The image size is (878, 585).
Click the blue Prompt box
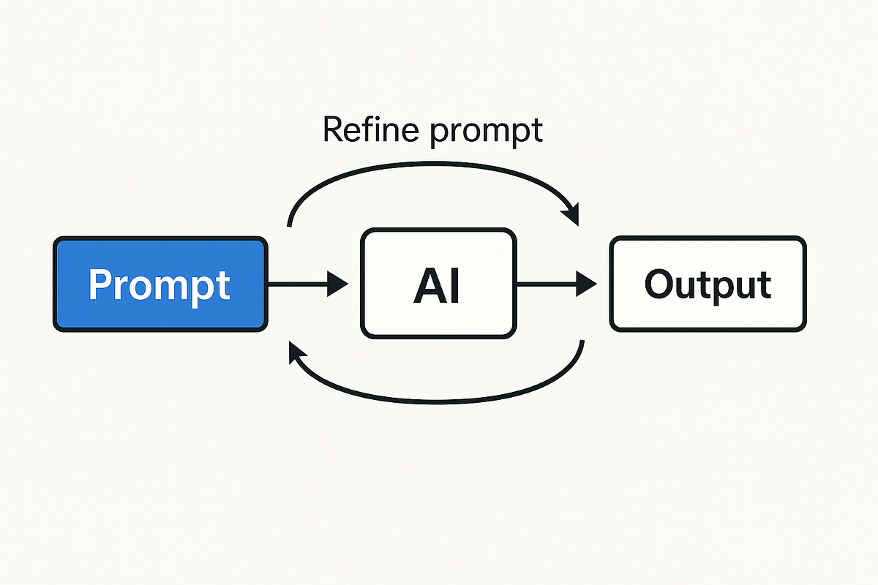point(160,284)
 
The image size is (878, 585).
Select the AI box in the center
point(437,284)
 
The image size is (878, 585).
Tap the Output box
point(708,284)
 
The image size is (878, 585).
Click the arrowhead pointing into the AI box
point(338,284)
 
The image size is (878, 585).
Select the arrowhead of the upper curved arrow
point(570,214)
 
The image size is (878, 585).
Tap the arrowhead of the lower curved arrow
point(297,355)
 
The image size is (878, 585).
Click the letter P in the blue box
point(101,284)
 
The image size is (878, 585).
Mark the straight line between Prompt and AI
point(296,284)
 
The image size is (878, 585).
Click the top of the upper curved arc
point(432,165)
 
